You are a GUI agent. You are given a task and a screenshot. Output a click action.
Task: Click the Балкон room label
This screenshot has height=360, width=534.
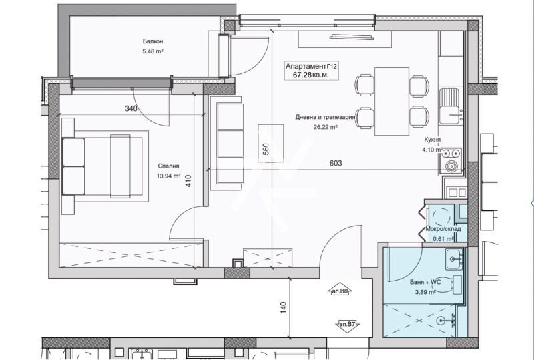pyautogui.click(x=153, y=41)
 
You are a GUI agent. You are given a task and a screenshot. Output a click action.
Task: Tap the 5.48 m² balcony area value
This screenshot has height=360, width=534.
pyautogui.click(x=153, y=51)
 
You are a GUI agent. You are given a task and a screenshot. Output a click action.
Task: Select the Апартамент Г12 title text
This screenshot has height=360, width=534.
pyautogui.click(x=311, y=66)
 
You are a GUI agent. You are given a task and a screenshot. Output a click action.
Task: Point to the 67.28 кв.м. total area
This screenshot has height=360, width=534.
pyautogui.click(x=311, y=75)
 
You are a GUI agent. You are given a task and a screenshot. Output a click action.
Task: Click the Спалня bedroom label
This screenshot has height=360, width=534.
pyautogui.click(x=168, y=166)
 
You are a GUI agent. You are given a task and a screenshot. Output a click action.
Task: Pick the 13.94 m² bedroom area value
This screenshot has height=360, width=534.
pyautogui.click(x=168, y=176)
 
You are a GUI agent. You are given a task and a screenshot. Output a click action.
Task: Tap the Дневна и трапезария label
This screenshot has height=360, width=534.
pyautogui.click(x=325, y=117)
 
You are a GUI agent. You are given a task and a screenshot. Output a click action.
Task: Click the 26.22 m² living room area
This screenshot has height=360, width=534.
pyautogui.click(x=325, y=127)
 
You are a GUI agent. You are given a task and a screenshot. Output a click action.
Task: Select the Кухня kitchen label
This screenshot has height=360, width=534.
pyautogui.click(x=432, y=140)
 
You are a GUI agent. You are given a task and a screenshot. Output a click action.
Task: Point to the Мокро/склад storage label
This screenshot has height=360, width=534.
pyautogui.click(x=443, y=228)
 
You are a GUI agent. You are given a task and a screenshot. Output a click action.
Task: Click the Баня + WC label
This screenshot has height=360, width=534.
pyautogui.click(x=425, y=282)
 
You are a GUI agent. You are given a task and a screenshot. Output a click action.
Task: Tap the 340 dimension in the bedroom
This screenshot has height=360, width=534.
pyautogui.click(x=131, y=108)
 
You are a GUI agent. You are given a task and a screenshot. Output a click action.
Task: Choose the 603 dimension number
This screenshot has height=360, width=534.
pyautogui.click(x=336, y=163)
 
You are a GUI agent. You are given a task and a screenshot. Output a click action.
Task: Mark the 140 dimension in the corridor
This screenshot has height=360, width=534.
pyautogui.click(x=283, y=307)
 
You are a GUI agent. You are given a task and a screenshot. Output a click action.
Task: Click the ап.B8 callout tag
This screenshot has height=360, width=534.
pyautogui.click(x=340, y=291)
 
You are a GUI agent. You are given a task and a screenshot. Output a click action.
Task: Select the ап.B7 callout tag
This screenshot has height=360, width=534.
pyautogui.click(x=347, y=324)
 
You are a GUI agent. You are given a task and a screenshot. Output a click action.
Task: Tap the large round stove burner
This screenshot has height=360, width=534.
pyautogui.click(x=452, y=166)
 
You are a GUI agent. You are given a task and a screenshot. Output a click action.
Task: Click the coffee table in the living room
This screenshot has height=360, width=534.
pyautogui.click(x=271, y=143)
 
